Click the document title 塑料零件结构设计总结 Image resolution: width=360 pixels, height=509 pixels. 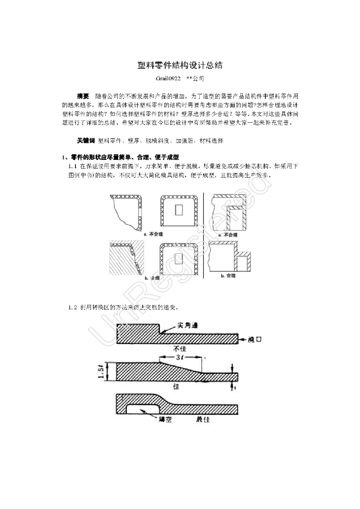coord(180,65)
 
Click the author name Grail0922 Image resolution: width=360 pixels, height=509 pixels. coord(168,79)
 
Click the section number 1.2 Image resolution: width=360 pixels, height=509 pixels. coord(72,307)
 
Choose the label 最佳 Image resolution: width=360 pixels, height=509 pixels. coord(203,419)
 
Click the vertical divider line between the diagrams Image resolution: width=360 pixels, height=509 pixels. coord(204,235)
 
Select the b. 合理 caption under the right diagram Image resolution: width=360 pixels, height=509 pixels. coord(228,276)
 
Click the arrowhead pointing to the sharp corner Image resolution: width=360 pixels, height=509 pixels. coord(162,332)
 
